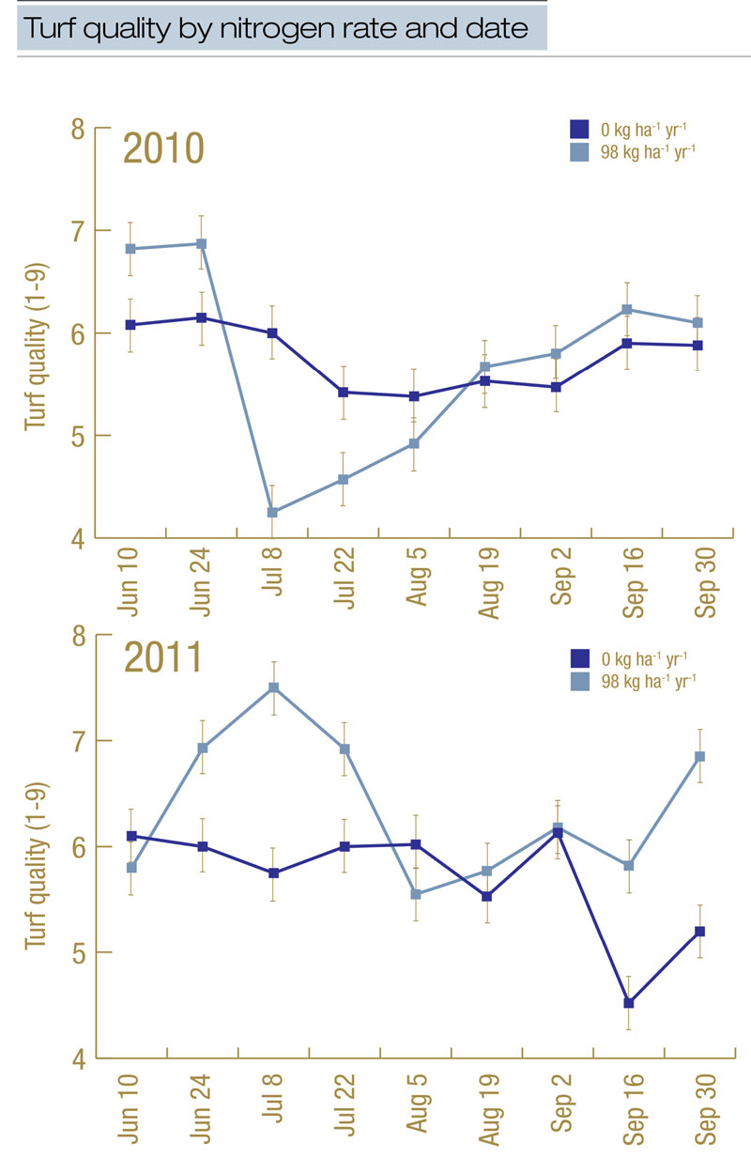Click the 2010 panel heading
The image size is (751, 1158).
point(165,149)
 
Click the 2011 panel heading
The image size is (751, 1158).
point(163,658)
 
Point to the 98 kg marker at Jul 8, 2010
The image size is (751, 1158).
point(272,512)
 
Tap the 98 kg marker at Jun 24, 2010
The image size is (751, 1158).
point(201,244)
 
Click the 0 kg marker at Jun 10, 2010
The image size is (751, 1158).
point(130,325)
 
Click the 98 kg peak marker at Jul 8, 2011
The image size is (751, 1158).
point(273,687)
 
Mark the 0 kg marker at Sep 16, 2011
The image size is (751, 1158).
point(628,1003)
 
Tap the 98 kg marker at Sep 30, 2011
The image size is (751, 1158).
point(699,756)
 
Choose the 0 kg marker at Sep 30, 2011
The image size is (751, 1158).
point(699,931)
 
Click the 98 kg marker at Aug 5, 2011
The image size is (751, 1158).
point(415,894)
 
